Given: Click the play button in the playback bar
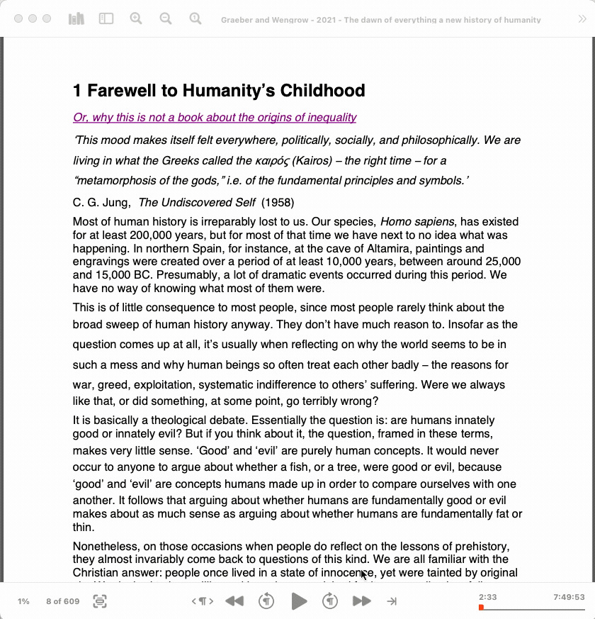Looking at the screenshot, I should click(x=299, y=601).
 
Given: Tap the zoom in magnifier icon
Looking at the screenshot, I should click(x=136, y=19).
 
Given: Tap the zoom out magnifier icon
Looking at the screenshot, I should click(x=166, y=19).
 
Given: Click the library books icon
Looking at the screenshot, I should click(x=76, y=19).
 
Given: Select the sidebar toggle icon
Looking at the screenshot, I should click(x=106, y=19).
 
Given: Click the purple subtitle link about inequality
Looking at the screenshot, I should click(x=215, y=118).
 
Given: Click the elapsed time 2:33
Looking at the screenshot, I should click(x=487, y=597).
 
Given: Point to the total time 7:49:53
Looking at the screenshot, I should click(x=569, y=597).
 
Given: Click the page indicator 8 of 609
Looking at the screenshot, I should click(x=63, y=601).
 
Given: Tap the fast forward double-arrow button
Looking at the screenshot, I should click(x=361, y=601).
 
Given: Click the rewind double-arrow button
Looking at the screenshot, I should click(x=234, y=601).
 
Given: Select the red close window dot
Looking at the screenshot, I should click(x=18, y=19).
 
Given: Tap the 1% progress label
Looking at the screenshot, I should click(x=23, y=601).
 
